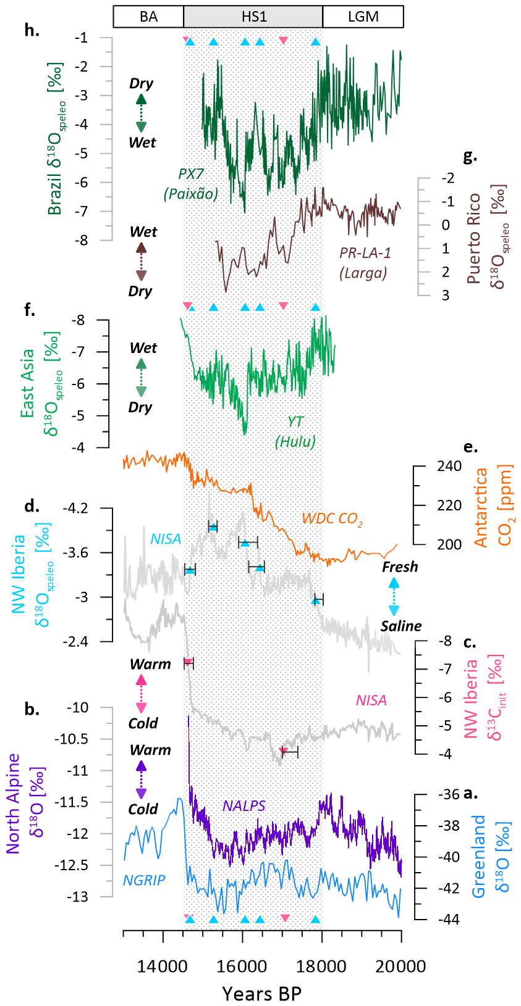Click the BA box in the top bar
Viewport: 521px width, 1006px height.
(148, 17)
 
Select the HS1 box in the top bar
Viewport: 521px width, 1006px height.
(253, 17)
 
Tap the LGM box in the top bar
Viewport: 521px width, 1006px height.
(363, 17)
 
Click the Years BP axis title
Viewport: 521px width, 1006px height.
(261, 993)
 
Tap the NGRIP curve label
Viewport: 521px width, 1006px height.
(144, 880)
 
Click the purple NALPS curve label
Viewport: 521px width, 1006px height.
(244, 805)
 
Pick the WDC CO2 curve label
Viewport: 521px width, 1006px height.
(332, 518)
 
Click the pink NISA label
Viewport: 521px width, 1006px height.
(371, 700)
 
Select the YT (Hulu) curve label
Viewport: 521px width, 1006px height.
(295, 431)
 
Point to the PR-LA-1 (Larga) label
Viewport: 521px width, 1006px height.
(365, 262)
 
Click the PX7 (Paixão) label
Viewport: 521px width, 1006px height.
(191, 184)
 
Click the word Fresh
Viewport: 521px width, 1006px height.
(400, 567)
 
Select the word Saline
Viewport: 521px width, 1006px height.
(401, 626)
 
